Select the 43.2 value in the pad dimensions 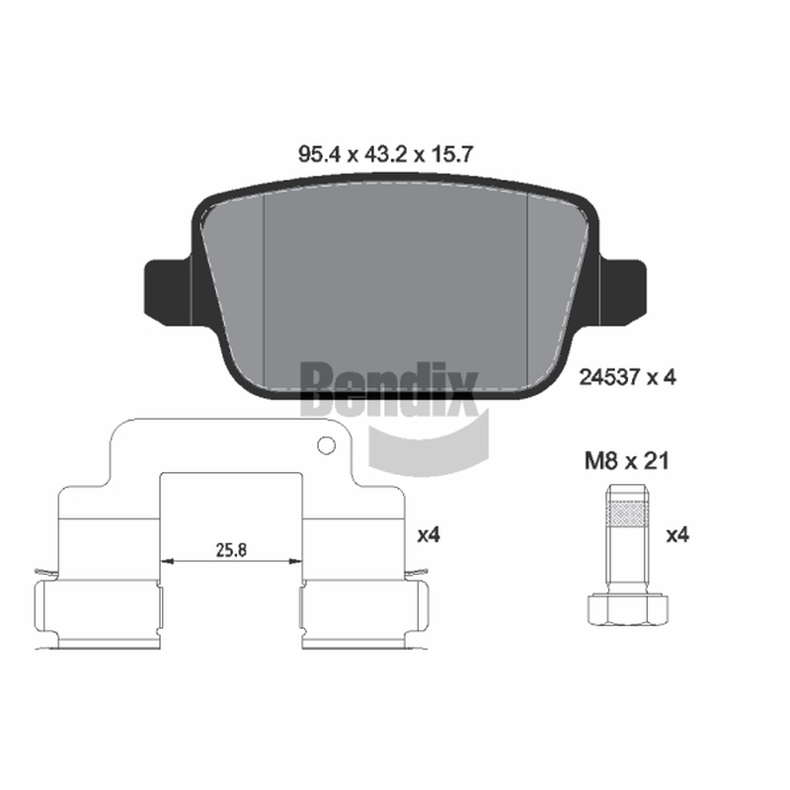(385, 154)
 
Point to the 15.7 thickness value (451, 154)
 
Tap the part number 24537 (609, 377)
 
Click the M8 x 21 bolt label (627, 460)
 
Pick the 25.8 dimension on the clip (231, 550)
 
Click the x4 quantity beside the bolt (677, 534)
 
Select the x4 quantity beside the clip (429, 534)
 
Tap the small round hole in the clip (327, 445)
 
